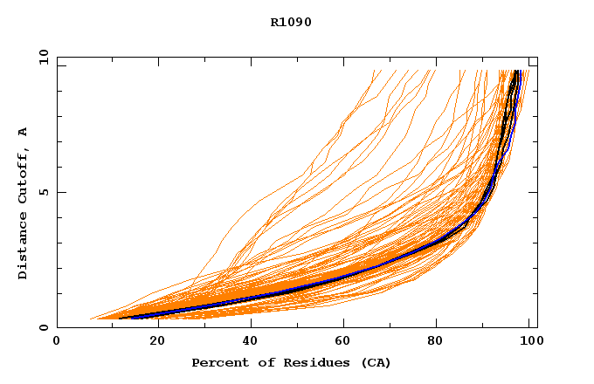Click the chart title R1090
click(x=291, y=22)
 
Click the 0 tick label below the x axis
click(x=57, y=342)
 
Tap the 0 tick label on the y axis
click(x=43, y=328)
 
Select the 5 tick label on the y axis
click(x=43, y=192)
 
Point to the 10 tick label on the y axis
click(x=43, y=57)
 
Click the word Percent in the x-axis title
click(x=216, y=362)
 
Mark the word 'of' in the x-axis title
click(x=257, y=362)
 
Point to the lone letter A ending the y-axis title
click(x=24, y=132)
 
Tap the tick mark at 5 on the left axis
click(x=60, y=192)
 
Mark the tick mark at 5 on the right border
click(x=534, y=192)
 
